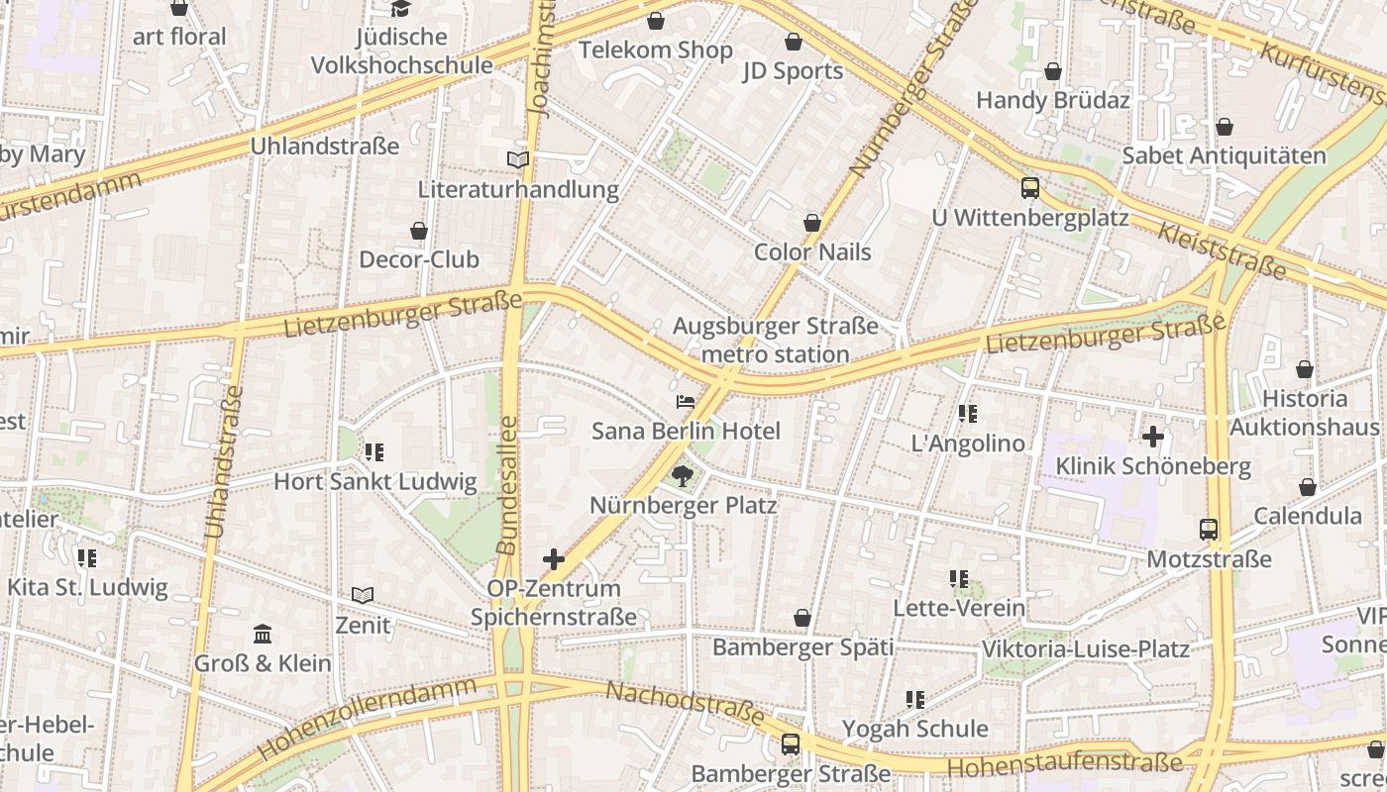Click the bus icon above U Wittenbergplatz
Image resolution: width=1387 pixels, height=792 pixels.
pyautogui.click(x=1029, y=188)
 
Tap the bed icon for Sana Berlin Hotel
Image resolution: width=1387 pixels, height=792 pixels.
pyautogui.click(x=685, y=402)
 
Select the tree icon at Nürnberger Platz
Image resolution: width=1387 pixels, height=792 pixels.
pyautogui.click(x=682, y=476)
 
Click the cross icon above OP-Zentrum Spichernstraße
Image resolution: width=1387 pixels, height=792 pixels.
pyautogui.click(x=554, y=559)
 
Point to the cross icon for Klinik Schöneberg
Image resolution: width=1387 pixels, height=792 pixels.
pyautogui.click(x=1153, y=437)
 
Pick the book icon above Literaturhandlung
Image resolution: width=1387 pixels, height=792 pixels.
pyautogui.click(x=517, y=159)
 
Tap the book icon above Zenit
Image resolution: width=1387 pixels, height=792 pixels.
pyautogui.click(x=363, y=596)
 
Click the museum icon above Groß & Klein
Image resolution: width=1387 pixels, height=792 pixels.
pyautogui.click(x=263, y=634)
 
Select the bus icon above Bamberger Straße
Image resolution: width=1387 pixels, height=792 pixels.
pyautogui.click(x=790, y=744)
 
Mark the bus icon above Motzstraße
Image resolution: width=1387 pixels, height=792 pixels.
pyautogui.click(x=1208, y=530)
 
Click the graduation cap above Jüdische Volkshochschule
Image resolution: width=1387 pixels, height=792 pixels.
pyautogui.click(x=400, y=9)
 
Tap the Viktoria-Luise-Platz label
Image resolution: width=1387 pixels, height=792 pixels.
pyautogui.click(x=1085, y=649)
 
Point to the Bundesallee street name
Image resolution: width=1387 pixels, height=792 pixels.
pyautogui.click(x=507, y=485)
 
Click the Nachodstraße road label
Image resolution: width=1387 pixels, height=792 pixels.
pyautogui.click(x=685, y=703)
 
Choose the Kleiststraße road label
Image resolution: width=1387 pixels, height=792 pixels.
pyautogui.click(x=1221, y=249)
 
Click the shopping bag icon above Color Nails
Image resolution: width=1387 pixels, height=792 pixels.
pyautogui.click(x=812, y=223)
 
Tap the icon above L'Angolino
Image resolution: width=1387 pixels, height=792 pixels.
pyautogui.click(x=968, y=414)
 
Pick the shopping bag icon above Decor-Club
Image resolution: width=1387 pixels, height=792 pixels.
pyautogui.click(x=419, y=231)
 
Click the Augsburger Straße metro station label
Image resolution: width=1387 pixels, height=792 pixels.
pyautogui.click(x=775, y=340)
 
